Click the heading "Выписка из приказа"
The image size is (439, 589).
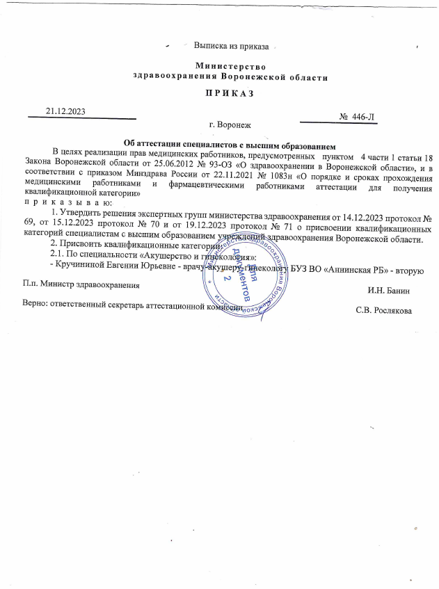[231, 46]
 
